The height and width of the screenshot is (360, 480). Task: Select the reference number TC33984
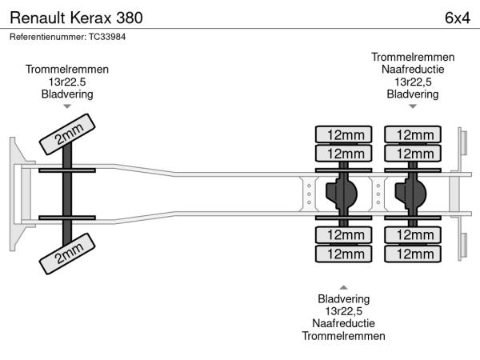point(68,37)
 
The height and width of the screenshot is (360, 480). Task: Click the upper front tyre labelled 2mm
point(70,134)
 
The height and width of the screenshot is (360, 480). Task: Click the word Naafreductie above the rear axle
point(413,70)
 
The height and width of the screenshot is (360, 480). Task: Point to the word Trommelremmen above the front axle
point(67,70)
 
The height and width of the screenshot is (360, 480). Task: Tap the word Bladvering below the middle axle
point(343,299)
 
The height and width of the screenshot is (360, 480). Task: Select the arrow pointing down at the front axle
point(67,106)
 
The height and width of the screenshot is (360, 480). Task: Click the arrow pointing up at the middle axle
point(343,287)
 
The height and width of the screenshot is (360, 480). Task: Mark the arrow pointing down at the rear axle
point(413,106)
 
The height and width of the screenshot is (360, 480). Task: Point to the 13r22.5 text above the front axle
point(67,82)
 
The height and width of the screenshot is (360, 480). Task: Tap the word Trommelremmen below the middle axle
point(343,336)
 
